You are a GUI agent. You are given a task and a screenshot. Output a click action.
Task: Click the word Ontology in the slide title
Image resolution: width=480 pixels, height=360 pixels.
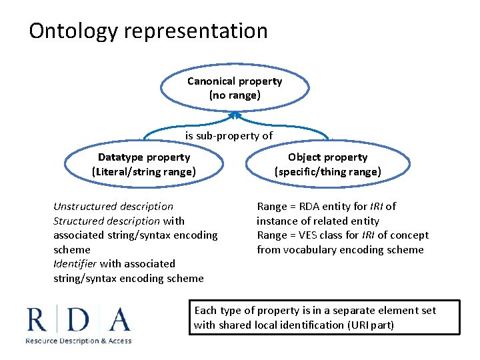tap(72, 31)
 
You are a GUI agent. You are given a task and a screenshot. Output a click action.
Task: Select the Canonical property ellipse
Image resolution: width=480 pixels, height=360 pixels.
tap(235, 88)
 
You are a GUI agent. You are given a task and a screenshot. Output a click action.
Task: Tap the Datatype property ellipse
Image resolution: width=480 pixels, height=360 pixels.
tap(144, 165)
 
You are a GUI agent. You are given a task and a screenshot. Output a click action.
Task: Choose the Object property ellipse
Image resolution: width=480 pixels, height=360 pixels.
tap(327, 165)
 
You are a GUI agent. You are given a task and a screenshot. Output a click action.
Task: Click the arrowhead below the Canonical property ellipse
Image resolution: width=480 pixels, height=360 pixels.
tap(234, 115)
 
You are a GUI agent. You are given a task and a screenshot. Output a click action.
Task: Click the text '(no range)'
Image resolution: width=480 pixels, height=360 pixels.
tap(235, 95)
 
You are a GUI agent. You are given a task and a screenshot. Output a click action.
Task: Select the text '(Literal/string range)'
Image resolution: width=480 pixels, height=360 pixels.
tap(144, 172)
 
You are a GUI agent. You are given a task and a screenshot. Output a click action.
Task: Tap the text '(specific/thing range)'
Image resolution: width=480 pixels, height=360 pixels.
tap(327, 172)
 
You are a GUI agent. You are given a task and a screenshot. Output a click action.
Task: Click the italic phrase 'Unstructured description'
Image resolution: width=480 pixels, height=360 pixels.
tap(113, 207)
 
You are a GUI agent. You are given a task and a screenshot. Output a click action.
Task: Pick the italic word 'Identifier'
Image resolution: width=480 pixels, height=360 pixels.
tap(75, 264)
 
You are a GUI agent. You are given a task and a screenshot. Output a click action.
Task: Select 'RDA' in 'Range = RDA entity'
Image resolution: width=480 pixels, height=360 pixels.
tap(307, 207)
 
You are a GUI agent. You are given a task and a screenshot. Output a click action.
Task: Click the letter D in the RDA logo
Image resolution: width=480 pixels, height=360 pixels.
tap(78, 320)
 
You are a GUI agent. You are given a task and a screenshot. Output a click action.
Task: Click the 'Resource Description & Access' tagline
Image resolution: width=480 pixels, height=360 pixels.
tap(79, 341)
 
